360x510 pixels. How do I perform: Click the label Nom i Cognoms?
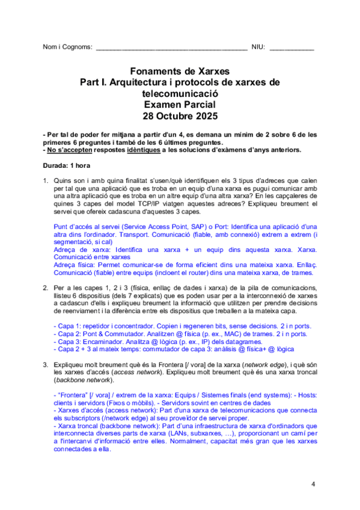tap(67, 47)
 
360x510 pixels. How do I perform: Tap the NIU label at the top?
tap(258, 47)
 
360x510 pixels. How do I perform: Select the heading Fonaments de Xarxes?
tap(179, 71)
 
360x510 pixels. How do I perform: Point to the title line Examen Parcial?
tap(179, 105)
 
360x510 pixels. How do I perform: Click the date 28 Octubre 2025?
tap(179, 116)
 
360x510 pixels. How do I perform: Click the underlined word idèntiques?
tap(159, 150)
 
